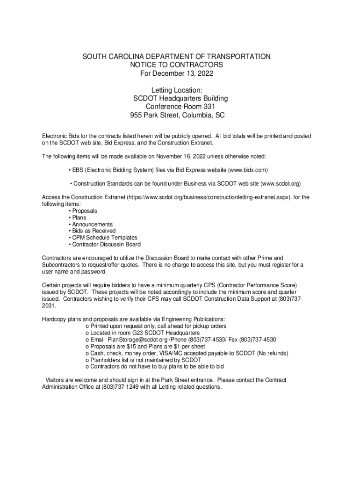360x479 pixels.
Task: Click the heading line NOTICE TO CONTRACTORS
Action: [176, 65]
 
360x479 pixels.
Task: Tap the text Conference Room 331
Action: [180, 107]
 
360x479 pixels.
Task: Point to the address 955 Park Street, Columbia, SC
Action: [180, 115]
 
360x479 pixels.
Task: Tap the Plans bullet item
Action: [79, 218]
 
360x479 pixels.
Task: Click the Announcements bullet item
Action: [92, 225]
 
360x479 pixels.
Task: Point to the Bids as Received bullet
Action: [94, 231]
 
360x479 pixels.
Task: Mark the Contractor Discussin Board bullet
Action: [106, 245]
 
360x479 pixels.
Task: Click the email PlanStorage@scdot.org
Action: [137, 340]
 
